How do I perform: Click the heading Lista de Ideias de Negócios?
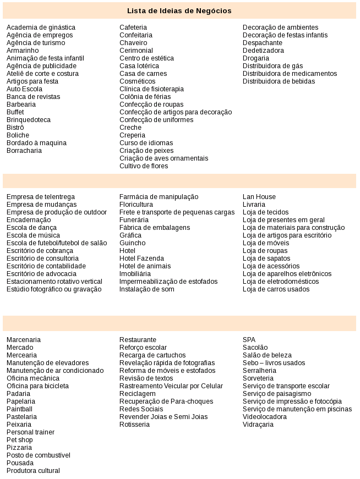[179, 10]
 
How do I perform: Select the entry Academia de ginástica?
[41, 27]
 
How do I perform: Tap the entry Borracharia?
[24, 151]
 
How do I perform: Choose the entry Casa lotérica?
[139, 66]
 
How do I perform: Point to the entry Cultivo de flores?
[144, 166]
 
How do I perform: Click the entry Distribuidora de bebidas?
[279, 81]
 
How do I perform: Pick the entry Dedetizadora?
[263, 51]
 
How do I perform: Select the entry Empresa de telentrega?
[41, 197]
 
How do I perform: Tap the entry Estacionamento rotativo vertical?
[54, 282]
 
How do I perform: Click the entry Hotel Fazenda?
[141, 258]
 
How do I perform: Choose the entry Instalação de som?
[147, 289]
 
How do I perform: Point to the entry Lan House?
[259, 197]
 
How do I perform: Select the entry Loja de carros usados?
[276, 289]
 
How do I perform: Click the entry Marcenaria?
[24, 340]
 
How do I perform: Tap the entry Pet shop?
[20, 440]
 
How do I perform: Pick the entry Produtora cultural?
[33, 471]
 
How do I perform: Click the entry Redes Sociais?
[141, 409]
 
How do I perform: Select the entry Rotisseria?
[134, 425]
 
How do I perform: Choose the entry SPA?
[249, 340]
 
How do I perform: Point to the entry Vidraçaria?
[258, 425]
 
